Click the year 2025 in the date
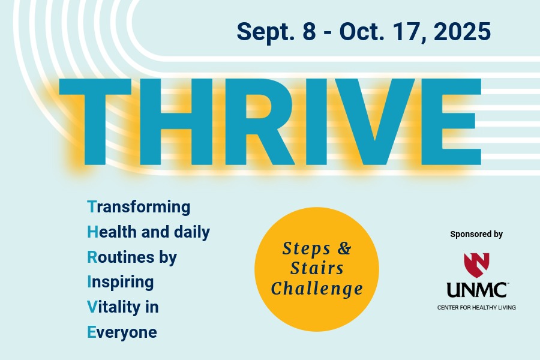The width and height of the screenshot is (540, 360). [462, 31]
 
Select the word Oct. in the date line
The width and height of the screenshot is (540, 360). [362, 31]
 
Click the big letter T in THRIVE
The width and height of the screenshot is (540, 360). [95, 122]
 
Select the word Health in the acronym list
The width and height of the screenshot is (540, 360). [112, 232]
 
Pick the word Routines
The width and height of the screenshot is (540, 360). [121, 257]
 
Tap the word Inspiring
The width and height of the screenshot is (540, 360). [121, 282]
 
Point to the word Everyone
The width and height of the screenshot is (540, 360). [122, 332]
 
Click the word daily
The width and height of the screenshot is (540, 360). [192, 232]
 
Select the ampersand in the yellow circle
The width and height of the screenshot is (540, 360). [344, 248]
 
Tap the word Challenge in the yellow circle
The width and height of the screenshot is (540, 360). [317, 289]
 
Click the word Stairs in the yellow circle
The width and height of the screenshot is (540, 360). [317, 268]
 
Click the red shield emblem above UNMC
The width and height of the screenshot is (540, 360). [476, 265]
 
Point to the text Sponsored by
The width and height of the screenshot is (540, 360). [476, 235]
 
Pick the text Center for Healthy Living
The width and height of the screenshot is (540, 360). [476, 307]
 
